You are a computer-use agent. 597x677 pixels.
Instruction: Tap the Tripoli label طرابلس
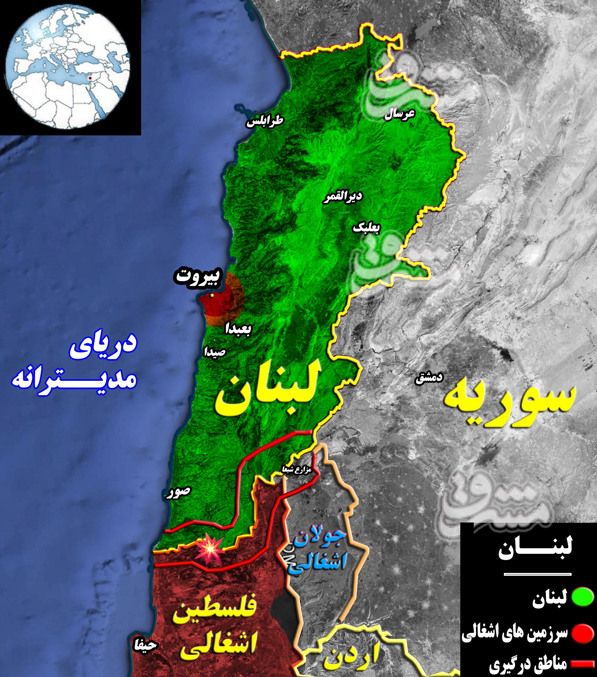click(265, 121)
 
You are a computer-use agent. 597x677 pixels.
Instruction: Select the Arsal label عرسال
click(399, 114)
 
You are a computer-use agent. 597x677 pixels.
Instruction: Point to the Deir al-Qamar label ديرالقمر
click(343, 197)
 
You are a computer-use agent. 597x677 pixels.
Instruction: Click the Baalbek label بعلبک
click(367, 227)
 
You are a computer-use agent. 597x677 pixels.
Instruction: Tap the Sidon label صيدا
click(215, 352)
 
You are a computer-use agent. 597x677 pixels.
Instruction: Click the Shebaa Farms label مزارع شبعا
click(296, 469)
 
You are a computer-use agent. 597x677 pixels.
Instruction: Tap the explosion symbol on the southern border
click(209, 549)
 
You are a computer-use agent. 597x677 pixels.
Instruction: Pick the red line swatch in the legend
click(582, 664)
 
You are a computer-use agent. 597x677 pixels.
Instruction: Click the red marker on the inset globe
click(89, 78)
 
